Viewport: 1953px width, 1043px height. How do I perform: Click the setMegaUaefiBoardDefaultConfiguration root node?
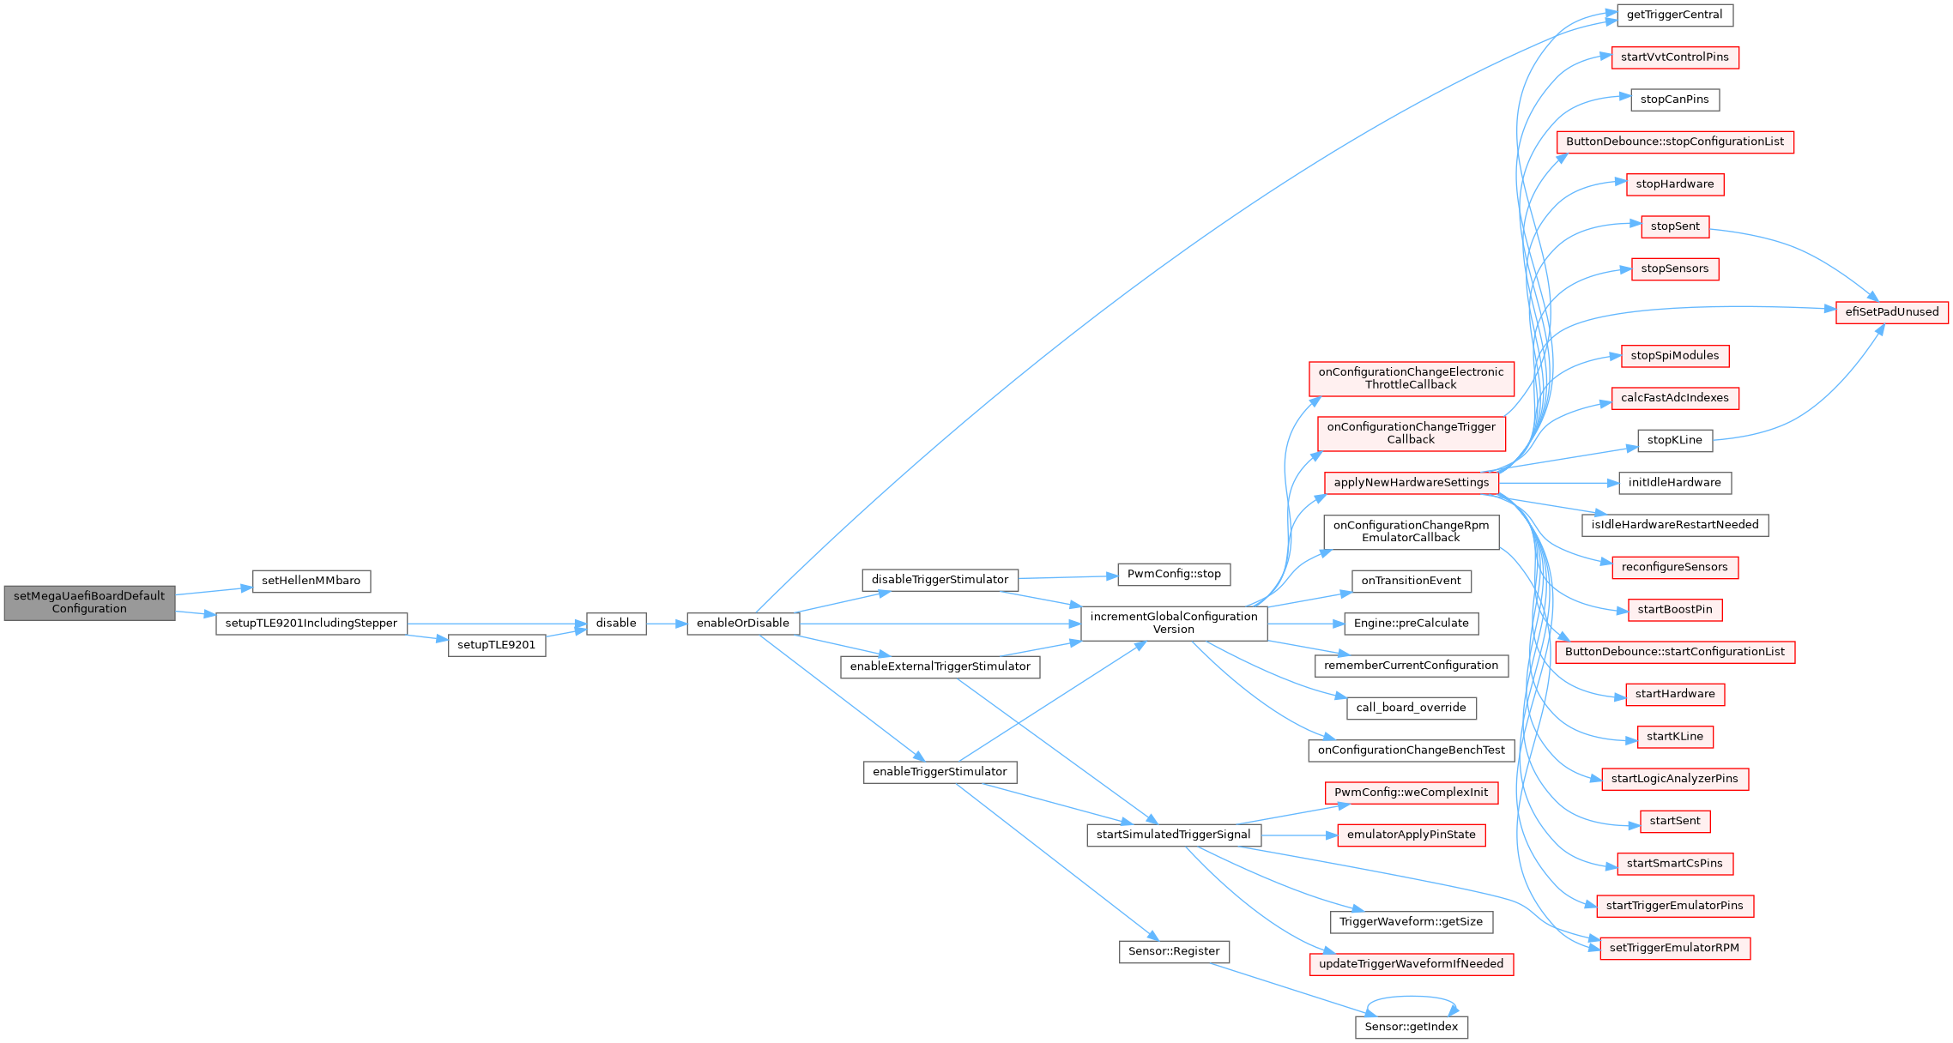pyautogui.click(x=89, y=602)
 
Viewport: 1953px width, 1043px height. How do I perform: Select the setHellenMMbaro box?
pyautogui.click(x=311, y=581)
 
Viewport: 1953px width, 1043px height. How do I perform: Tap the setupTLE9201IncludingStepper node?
pyautogui.click(x=311, y=624)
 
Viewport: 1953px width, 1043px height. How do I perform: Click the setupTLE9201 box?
pyautogui.click(x=496, y=645)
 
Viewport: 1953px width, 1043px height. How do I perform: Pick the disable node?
pyautogui.click(x=616, y=624)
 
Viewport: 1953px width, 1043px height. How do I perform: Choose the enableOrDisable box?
pyautogui.click(x=742, y=624)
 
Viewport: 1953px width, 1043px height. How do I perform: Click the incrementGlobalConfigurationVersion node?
pyautogui.click(x=1173, y=623)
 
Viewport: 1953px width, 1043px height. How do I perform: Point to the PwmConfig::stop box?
pyautogui.click(x=1174, y=574)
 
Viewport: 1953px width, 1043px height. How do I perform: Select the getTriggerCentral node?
pyautogui.click(x=1674, y=15)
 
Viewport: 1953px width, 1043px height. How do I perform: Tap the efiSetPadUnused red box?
pyautogui.click(x=1892, y=312)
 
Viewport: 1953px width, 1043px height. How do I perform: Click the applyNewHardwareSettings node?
pyautogui.click(x=1411, y=483)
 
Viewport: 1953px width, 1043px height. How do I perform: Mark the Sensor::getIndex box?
pyautogui.click(x=1411, y=1027)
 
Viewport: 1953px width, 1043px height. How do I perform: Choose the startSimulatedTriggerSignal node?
pyautogui.click(x=1173, y=835)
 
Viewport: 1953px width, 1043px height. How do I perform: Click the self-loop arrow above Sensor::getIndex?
pyautogui.click(x=1412, y=997)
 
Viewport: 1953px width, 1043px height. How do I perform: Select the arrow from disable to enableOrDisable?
pyautogui.click(x=666, y=624)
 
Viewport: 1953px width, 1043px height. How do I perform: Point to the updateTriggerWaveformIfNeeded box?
pyautogui.click(x=1411, y=964)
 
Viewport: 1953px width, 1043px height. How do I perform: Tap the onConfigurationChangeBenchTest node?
pyautogui.click(x=1411, y=751)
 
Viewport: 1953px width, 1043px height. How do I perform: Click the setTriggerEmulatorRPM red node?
pyautogui.click(x=1674, y=948)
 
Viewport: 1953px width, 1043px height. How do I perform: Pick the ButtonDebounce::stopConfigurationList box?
pyautogui.click(x=1674, y=142)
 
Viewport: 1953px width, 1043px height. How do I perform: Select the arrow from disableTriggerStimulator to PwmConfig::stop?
pyautogui.click(x=1067, y=577)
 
